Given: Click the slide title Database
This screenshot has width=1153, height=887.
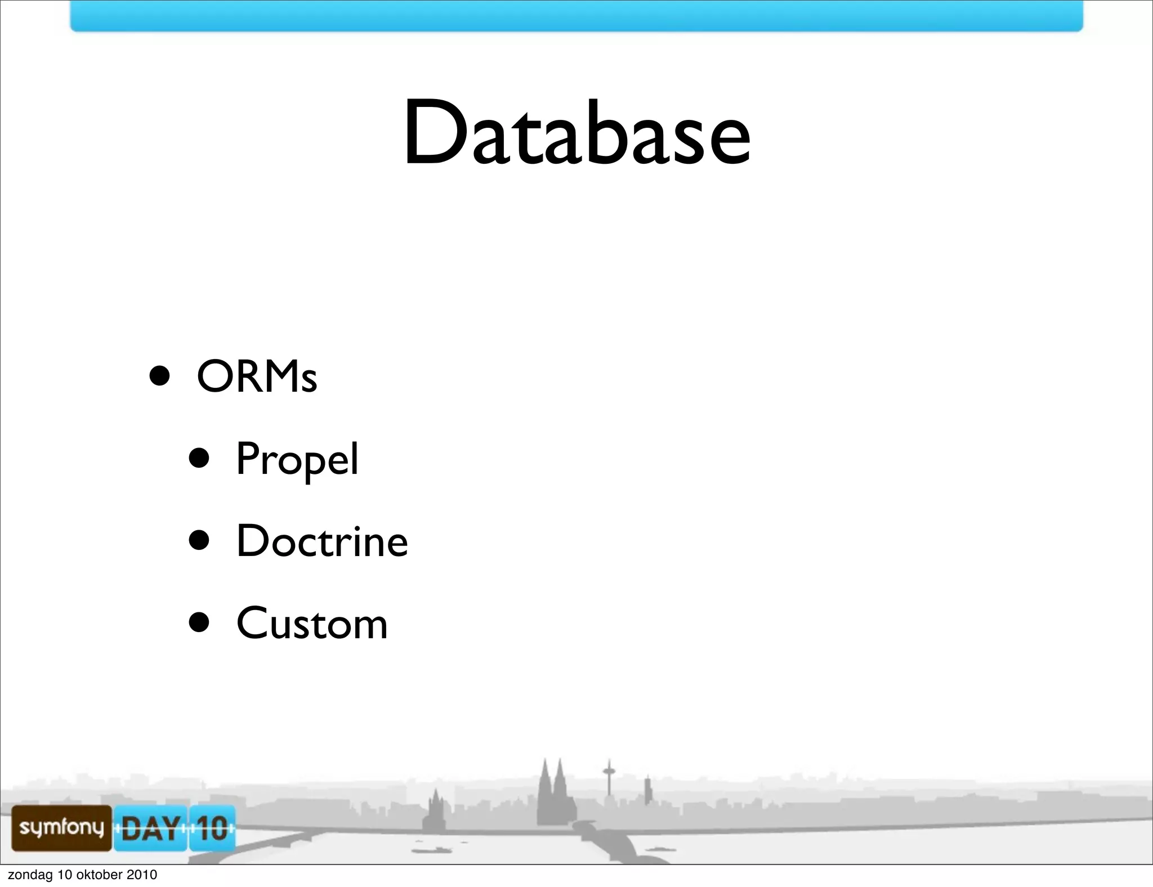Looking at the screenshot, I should [x=576, y=134].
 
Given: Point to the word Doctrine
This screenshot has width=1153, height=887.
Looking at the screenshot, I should [x=321, y=541].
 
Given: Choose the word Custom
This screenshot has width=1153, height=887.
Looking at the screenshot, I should [x=312, y=624].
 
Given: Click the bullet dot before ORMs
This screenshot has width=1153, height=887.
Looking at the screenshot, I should [x=160, y=376].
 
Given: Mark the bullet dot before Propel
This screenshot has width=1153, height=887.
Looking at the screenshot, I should [x=199, y=458].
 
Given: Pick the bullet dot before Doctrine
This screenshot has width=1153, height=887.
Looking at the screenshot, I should [x=199, y=541].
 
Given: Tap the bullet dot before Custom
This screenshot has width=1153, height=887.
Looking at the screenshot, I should [x=199, y=623].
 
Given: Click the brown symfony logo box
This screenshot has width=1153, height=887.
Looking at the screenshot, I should [x=61, y=827].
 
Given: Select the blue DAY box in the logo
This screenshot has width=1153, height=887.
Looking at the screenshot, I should [x=150, y=828].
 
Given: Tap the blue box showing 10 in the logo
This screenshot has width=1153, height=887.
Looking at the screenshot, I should [x=212, y=828].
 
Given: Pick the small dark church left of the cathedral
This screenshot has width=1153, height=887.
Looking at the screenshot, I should [x=436, y=810].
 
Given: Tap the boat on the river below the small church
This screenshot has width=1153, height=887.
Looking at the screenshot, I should [x=430, y=850].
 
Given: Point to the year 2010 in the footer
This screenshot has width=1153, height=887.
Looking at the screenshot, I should [x=142, y=875].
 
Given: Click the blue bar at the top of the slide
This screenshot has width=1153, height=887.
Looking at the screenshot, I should [x=576, y=16].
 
